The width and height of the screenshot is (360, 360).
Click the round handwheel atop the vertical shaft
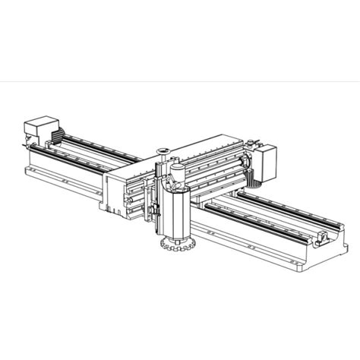click(x=162, y=150)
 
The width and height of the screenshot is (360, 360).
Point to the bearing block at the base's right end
click(x=323, y=242)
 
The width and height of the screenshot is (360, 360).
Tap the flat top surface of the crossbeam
click(x=205, y=147)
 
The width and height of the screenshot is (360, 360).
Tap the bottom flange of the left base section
click(x=61, y=182)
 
